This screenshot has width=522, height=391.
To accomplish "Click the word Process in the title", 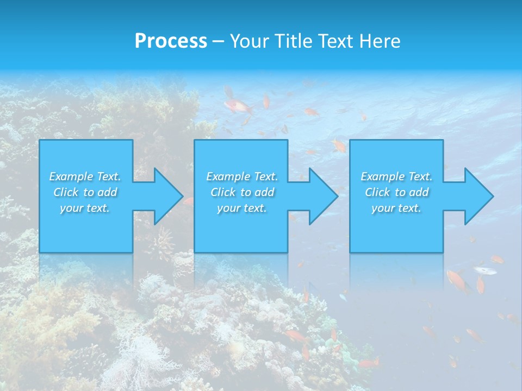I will (x=171, y=41).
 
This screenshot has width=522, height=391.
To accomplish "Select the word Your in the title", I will (x=250, y=41).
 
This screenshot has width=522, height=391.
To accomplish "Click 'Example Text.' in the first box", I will (x=85, y=176).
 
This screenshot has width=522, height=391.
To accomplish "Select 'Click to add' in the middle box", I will (x=242, y=192).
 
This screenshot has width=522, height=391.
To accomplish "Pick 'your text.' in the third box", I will (x=396, y=208).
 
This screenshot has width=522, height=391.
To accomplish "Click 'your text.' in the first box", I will (x=85, y=208).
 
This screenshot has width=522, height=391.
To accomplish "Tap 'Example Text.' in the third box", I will (x=396, y=176).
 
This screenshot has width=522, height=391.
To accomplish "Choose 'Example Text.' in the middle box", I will (x=242, y=176).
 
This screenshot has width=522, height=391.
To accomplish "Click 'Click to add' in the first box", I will (x=85, y=192).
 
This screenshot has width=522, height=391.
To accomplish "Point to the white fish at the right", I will (x=484, y=270).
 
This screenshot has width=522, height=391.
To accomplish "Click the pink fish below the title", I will (x=238, y=105).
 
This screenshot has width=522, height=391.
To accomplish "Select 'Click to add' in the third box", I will (x=396, y=192).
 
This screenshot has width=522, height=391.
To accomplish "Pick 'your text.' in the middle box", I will (x=242, y=208).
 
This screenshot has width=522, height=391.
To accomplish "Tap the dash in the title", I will (x=218, y=41).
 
